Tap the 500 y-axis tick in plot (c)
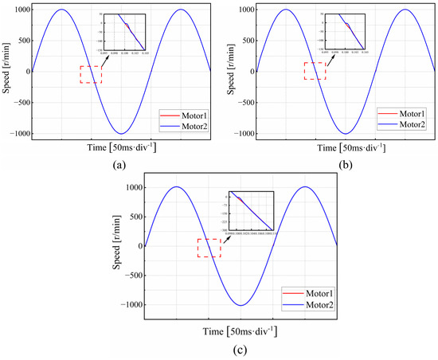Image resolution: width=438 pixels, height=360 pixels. click(x=132, y=217)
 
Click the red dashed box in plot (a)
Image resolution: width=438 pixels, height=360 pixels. click(x=91, y=74)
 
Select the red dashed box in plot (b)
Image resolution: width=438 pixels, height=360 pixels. click(x=315, y=70)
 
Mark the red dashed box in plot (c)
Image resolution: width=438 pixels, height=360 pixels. click(x=209, y=248)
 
